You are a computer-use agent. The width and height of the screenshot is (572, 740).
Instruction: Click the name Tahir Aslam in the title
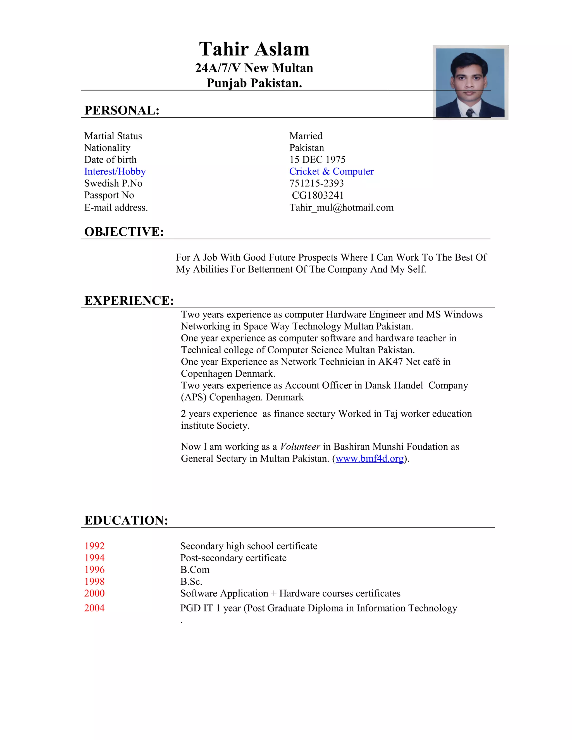(254, 49)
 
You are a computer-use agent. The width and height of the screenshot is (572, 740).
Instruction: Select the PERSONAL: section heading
(122, 111)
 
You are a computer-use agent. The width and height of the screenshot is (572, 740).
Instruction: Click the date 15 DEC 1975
(317, 159)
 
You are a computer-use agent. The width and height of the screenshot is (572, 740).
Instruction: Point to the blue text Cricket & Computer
(331, 171)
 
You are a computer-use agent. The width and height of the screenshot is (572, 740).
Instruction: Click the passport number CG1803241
(318, 195)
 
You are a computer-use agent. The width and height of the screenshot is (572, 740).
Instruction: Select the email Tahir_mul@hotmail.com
(341, 207)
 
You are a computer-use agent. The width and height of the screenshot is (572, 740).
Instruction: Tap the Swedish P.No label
(113, 183)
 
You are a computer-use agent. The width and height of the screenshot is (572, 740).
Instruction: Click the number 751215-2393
(316, 183)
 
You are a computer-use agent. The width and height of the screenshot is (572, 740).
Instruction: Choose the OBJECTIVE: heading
(124, 232)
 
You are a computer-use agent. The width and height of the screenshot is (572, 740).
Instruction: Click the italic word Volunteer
(300, 447)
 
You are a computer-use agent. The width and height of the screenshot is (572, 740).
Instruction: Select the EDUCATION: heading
(126, 521)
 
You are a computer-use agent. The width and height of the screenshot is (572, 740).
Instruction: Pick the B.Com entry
(195, 570)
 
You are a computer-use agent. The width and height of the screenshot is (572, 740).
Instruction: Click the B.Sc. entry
(191, 581)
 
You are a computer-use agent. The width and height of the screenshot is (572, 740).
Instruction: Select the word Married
(306, 136)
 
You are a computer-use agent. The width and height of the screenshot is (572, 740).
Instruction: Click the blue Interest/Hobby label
(115, 171)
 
